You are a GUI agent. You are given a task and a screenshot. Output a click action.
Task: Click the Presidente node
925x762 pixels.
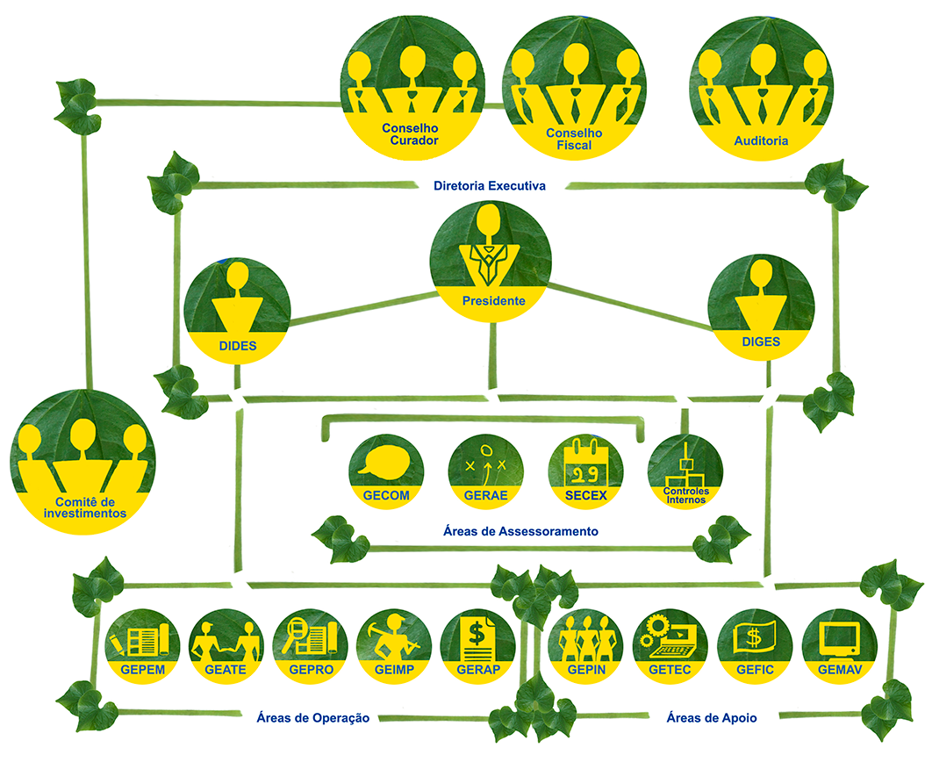pyautogui.click(x=493, y=260)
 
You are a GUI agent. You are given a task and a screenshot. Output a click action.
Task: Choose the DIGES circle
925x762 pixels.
pyautogui.click(x=760, y=306)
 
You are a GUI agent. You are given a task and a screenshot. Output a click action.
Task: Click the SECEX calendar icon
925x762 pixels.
pyautogui.click(x=584, y=465)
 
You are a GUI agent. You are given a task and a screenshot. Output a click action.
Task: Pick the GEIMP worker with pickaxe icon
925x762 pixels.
pyautogui.click(x=394, y=638)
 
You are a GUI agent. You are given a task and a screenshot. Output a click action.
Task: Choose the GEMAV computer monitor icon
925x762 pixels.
pyautogui.click(x=839, y=638)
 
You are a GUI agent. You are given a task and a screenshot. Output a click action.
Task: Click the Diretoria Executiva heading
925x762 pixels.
pyautogui.click(x=490, y=186)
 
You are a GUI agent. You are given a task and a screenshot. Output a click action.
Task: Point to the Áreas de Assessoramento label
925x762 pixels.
pyautogui.click(x=521, y=531)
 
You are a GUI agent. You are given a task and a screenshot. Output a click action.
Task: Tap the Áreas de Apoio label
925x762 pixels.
pyautogui.click(x=711, y=717)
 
